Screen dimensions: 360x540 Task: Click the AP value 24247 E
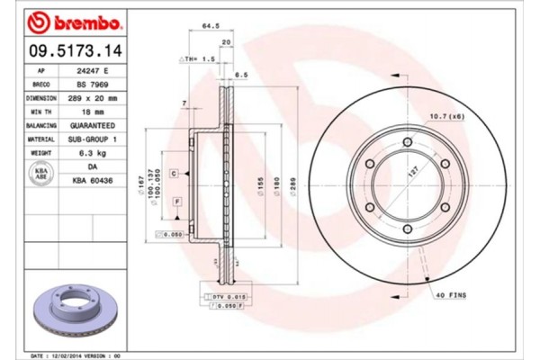pos(93,69)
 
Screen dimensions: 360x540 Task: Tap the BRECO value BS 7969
pos(93,83)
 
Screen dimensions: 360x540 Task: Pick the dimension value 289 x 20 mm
pos(93,97)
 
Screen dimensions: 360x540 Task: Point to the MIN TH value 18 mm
pos(93,112)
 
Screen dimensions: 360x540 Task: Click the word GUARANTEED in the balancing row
pos(93,126)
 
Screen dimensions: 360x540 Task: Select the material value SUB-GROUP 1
pos(93,140)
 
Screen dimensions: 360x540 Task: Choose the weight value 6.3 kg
pos(93,155)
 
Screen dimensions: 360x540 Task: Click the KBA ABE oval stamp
pos(40,175)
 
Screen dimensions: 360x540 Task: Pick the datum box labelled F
pos(177,199)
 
